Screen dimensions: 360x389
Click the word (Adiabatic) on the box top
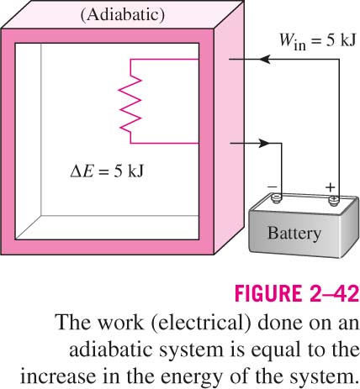point(123,15)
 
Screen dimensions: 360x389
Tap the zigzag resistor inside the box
point(130,101)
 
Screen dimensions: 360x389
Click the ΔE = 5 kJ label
point(107,171)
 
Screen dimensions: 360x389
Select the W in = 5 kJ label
point(317,41)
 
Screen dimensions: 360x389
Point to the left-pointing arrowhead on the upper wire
point(264,60)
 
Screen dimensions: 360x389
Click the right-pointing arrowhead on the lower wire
point(263,143)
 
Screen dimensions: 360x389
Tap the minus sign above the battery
point(273,187)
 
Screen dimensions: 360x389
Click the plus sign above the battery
point(330,187)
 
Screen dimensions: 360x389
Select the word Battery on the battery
point(294,234)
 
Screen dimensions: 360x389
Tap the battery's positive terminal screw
point(334,200)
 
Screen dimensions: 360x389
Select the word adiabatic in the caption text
point(111,349)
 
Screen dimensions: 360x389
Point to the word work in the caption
point(120,323)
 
